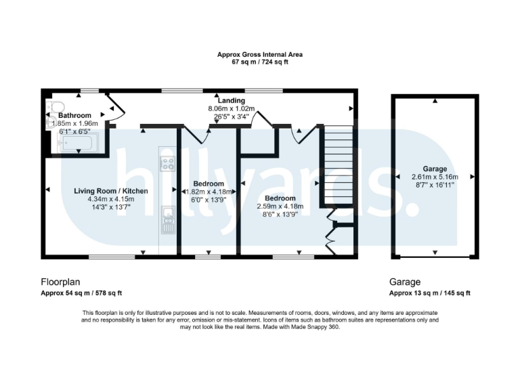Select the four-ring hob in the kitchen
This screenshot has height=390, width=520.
[x=167, y=163]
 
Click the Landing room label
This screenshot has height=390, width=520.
[x=231, y=101]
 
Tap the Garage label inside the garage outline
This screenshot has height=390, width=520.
[x=435, y=169]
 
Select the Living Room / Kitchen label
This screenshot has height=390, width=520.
[x=111, y=191]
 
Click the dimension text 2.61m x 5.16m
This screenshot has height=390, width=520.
[x=435, y=176]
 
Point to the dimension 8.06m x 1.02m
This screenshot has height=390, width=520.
[x=231, y=108]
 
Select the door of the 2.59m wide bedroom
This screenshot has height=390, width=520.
[x=301, y=133]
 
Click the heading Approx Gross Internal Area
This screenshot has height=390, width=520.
[x=259, y=54]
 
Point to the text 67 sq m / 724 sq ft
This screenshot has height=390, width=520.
[x=259, y=62]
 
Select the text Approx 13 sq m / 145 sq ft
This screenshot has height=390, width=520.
[x=429, y=293]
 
